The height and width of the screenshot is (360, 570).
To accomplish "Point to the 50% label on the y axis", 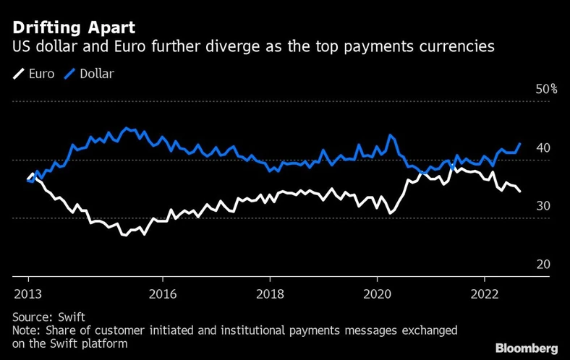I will pos(546,90).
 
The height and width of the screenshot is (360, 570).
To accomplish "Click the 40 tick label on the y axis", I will pos(543,148).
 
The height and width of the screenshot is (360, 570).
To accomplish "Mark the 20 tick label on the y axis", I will pos(543,265).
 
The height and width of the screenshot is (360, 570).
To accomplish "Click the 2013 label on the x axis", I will pos(28,293).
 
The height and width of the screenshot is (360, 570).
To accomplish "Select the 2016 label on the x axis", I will pos(163,293).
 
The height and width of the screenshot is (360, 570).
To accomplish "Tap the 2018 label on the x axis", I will pos(269,293).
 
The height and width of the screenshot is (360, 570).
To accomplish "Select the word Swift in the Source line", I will pos(69,317).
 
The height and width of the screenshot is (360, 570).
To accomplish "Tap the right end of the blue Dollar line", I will pos(520,143).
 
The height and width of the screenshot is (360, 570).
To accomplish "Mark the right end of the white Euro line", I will pos(520,191).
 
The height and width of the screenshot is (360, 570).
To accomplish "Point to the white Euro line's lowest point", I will pos(124,235).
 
